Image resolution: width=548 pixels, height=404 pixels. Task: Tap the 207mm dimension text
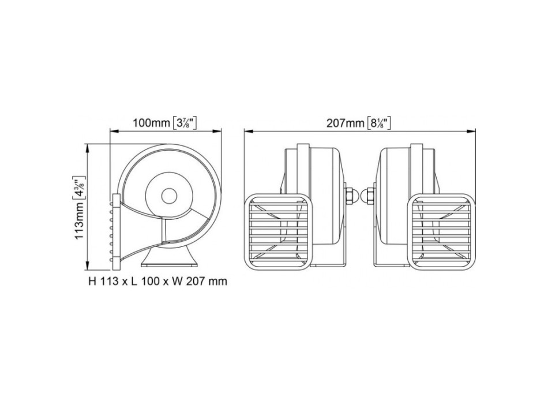345,123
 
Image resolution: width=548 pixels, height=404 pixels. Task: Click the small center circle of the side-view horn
169,196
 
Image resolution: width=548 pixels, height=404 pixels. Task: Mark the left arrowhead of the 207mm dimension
247,130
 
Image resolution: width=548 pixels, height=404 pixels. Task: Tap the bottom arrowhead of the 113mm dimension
88,268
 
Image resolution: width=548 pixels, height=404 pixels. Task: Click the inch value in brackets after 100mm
186,123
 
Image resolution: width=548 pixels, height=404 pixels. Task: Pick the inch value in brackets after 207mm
379,123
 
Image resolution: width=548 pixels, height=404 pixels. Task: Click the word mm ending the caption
219,282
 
